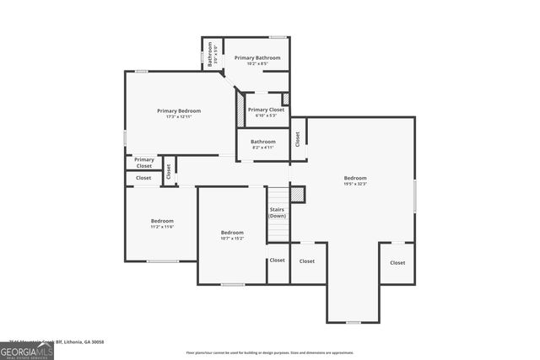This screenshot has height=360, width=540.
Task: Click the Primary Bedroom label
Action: [179, 110]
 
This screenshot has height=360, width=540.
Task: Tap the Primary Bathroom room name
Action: [257, 57]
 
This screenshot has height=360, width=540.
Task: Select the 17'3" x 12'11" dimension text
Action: [179, 117]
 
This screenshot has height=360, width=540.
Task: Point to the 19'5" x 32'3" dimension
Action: [355, 184]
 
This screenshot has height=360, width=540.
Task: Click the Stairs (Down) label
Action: [278, 212]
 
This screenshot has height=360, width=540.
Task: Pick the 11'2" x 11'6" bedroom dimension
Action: [162, 227]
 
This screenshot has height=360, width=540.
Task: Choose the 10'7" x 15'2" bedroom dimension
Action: [232, 239]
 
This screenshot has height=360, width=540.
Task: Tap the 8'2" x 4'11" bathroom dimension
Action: [262, 148]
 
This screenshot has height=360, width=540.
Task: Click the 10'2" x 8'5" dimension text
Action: [257, 64]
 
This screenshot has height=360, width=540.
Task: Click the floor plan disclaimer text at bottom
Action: [270, 352]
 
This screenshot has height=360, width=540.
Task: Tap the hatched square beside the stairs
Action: [297, 195]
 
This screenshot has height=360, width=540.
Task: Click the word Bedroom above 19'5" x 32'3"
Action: [355, 178]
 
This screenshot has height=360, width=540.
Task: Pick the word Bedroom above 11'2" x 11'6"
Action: [162, 221]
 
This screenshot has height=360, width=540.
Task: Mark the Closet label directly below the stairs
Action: [278, 260]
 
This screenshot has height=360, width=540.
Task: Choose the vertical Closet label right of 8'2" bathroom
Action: [298, 138]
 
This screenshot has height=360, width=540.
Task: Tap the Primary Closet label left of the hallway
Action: [144, 163]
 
